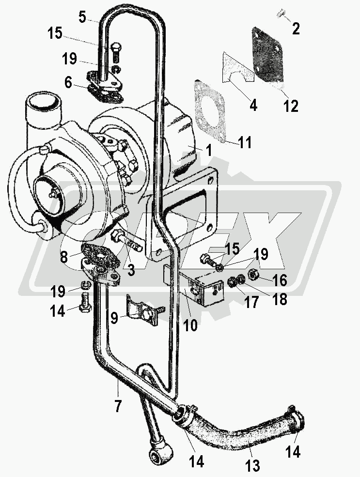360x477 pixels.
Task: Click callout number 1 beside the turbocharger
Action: (x=209, y=151)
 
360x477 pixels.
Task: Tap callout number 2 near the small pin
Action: (x=296, y=29)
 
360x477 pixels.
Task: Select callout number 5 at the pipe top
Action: (x=82, y=17)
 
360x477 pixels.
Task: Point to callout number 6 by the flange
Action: (x=68, y=83)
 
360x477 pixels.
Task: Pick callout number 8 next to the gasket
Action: (x=63, y=257)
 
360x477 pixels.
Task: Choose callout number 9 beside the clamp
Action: (x=114, y=319)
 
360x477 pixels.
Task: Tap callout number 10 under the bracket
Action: (x=190, y=325)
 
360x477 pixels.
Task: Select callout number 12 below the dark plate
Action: (x=291, y=106)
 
